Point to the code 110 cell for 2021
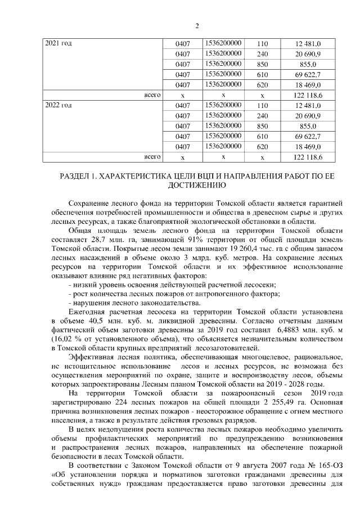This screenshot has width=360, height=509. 262,43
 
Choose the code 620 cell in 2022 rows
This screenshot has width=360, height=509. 262,147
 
